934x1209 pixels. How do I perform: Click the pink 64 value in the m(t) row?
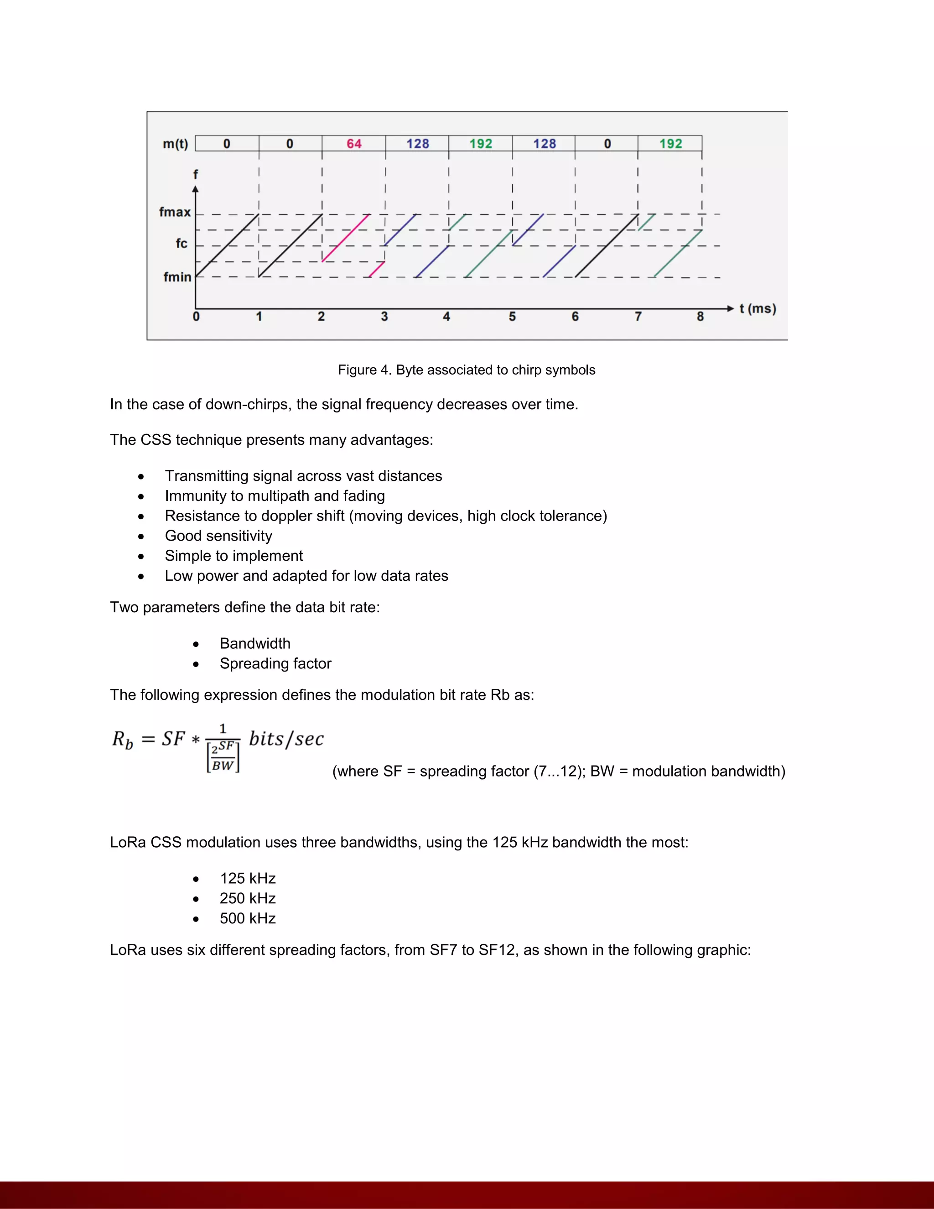pyautogui.click(x=354, y=144)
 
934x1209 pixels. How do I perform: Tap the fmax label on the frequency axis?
pyautogui.click(x=175, y=212)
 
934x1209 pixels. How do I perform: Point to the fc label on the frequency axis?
pyautogui.click(x=182, y=244)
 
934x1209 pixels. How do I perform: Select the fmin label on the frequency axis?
pyautogui.click(x=177, y=277)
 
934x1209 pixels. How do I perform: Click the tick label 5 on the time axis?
pyautogui.click(x=512, y=317)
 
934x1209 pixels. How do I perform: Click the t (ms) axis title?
pyautogui.click(x=758, y=309)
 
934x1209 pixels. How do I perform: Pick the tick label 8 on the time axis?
pyautogui.click(x=700, y=317)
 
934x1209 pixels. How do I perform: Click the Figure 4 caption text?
pyautogui.click(x=467, y=370)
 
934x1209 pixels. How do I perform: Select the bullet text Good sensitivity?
pyautogui.click(x=218, y=536)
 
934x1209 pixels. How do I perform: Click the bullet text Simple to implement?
pyautogui.click(x=233, y=556)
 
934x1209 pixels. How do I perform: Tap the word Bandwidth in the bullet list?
pyautogui.click(x=255, y=643)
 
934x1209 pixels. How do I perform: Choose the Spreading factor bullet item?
pyautogui.click(x=275, y=663)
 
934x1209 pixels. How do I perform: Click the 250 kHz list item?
pyautogui.click(x=247, y=898)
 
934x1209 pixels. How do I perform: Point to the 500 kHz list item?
pyautogui.click(x=247, y=918)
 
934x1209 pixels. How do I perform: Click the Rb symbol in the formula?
pyautogui.click(x=122, y=740)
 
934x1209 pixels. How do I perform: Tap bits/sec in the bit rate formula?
pyautogui.click(x=286, y=739)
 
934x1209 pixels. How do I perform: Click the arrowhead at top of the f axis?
pyautogui.click(x=195, y=189)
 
